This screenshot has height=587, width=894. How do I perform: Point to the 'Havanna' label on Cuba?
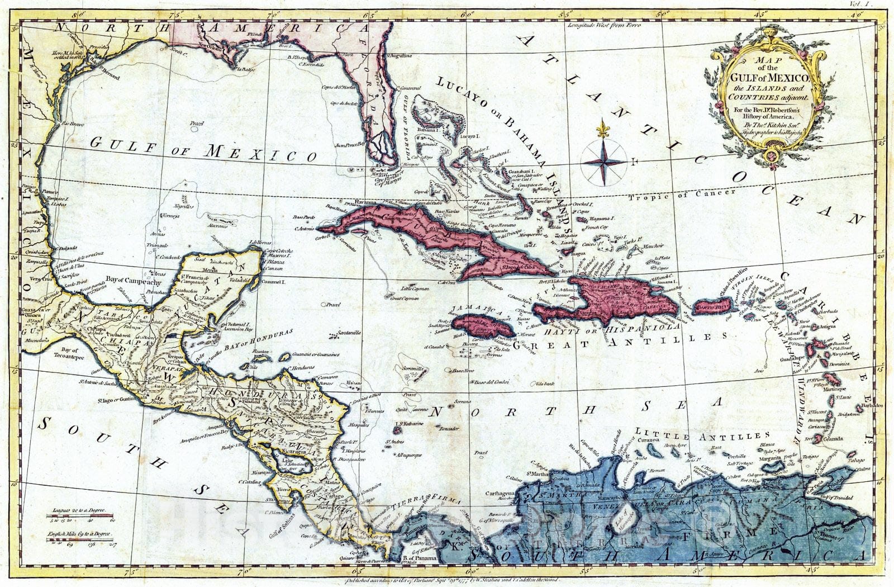353,201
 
